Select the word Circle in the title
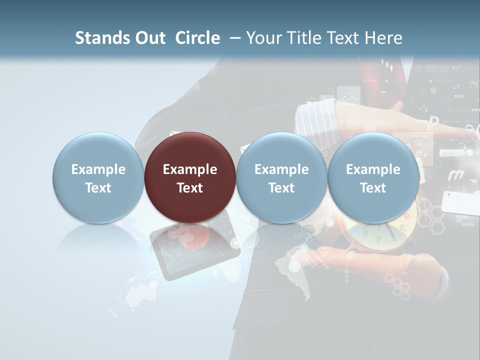pos(197,38)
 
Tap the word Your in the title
pos(264,38)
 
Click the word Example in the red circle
pos(190,169)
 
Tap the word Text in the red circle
pos(190,188)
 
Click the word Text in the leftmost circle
pos(98,188)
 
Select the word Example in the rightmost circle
pos(373,169)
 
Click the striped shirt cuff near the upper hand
pos(312,120)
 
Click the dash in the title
pos(233,38)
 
